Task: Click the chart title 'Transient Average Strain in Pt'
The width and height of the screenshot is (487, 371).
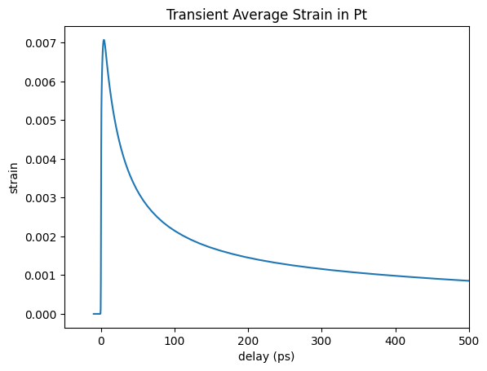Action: tap(267, 15)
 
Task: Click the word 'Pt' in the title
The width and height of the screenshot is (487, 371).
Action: tap(361, 15)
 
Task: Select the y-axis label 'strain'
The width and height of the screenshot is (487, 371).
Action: tap(13, 179)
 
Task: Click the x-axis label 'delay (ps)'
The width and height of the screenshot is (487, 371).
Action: tap(267, 356)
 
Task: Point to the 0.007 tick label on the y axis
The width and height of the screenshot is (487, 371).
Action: tap(41, 43)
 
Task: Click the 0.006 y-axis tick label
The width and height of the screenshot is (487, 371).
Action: tap(41, 82)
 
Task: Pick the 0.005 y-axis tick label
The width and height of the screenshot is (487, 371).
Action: tap(41, 121)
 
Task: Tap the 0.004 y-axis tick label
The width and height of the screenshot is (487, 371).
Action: tap(41, 160)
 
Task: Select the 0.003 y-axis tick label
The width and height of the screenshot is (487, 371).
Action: tap(41, 198)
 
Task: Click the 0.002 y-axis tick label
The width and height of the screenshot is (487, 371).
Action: tap(41, 237)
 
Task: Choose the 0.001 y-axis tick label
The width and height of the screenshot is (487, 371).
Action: tap(41, 276)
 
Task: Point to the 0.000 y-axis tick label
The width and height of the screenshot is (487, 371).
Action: tap(41, 315)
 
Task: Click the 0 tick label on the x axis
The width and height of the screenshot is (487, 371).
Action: tap(101, 341)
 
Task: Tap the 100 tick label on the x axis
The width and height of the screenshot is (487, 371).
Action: tap(175, 341)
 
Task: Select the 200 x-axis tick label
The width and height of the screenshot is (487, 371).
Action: tap(249, 341)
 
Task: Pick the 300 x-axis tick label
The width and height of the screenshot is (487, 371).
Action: tap(321, 341)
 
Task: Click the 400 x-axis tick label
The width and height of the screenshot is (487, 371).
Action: tap(396, 341)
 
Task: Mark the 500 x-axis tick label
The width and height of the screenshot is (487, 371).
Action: tap(469, 341)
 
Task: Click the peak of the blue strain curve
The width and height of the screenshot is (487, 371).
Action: tap(104, 40)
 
